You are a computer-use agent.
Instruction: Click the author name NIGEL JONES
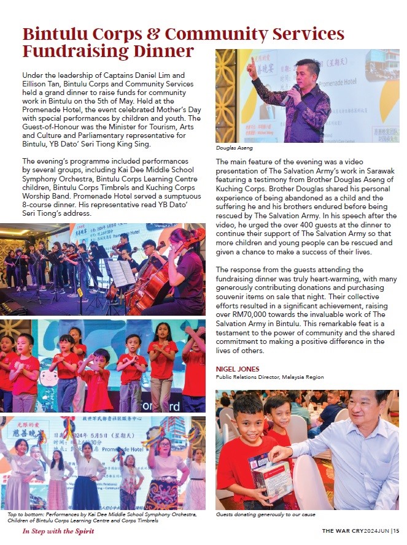(238, 369)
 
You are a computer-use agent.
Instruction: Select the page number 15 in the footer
(397, 531)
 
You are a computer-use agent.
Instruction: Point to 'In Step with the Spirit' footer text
(58, 531)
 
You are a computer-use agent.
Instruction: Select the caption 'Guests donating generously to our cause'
(266, 515)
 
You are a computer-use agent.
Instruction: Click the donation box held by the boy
(271, 476)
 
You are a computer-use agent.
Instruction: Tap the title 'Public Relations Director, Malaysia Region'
(269, 377)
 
